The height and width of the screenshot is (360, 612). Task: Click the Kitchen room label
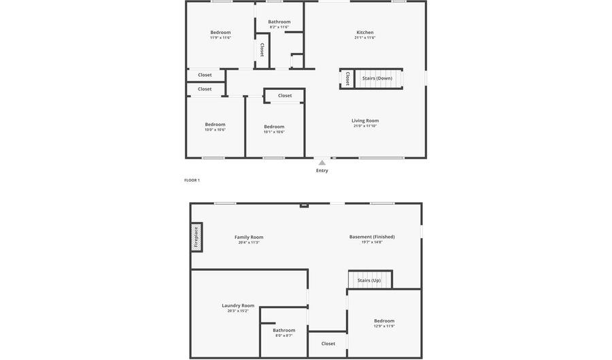click(x=365, y=32)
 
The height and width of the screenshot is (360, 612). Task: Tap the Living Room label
click(x=365, y=120)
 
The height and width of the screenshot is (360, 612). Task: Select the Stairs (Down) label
click(x=377, y=78)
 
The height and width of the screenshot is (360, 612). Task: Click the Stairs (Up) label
click(x=369, y=280)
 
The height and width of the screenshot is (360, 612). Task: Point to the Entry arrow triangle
click(x=322, y=163)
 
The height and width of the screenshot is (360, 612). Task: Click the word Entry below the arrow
click(x=322, y=171)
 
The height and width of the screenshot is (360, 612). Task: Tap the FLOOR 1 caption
click(x=192, y=180)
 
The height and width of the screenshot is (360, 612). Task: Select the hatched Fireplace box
click(x=197, y=237)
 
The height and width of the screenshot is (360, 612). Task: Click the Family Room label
click(x=249, y=237)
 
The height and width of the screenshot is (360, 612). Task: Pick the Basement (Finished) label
click(x=372, y=237)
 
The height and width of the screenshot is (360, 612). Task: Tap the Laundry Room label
click(x=238, y=306)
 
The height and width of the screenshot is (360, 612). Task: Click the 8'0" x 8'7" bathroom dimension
click(x=284, y=336)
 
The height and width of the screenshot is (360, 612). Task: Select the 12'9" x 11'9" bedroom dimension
click(x=384, y=326)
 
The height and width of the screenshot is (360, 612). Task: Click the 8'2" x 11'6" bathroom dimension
click(x=279, y=27)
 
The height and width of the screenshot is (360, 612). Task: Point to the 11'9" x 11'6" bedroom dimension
click(x=220, y=37)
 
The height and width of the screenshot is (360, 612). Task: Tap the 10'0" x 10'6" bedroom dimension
click(x=215, y=129)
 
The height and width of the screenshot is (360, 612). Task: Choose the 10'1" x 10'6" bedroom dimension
click(x=274, y=132)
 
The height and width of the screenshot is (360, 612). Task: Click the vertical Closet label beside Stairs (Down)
click(x=347, y=78)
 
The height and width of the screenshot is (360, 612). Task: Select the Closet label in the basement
click(x=328, y=344)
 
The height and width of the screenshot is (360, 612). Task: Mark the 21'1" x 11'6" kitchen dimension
click(x=365, y=37)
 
